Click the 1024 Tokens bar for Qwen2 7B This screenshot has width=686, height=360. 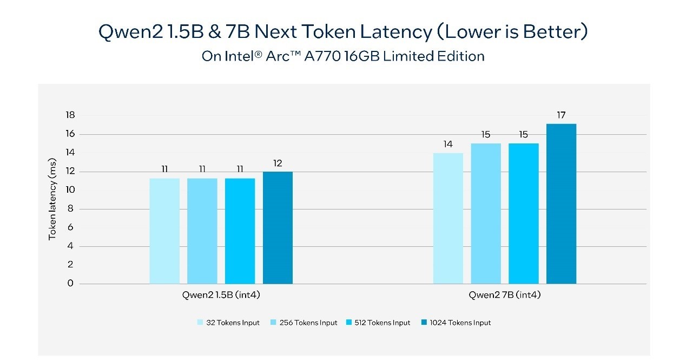click(561, 204)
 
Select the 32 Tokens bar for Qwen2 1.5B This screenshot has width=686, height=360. click(164, 231)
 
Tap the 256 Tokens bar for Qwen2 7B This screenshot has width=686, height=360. click(486, 213)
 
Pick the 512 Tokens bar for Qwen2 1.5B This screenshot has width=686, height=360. click(240, 231)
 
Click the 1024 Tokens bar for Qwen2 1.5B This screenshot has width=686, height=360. click(278, 227)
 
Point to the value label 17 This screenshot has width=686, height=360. click(561, 115)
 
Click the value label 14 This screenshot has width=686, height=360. click(448, 144)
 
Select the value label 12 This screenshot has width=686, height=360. click(278, 163)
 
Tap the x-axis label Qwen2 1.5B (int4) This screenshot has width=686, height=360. click(221, 296)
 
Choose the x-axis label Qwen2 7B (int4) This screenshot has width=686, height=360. click(505, 296)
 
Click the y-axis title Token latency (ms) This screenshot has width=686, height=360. click(52, 199)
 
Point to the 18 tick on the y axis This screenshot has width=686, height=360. click(70, 115)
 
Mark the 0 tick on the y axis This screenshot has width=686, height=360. click(70, 283)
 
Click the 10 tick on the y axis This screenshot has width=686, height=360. click(70, 190)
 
